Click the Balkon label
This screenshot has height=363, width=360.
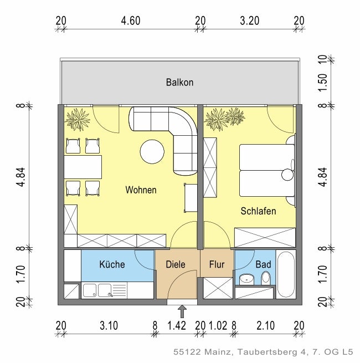point(179,83)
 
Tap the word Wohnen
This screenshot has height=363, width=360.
point(141,190)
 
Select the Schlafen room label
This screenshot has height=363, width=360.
point(258,211)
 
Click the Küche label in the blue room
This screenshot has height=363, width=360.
point(112,264)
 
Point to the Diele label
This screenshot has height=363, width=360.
point(176,264)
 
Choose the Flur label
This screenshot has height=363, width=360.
point(217,264)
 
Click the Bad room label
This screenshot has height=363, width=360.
point(263,264)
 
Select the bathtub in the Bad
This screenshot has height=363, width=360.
point(286,274)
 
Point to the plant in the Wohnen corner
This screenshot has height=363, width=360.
point(76,119)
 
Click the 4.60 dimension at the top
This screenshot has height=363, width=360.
point(131,21)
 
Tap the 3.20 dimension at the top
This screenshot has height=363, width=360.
point(250,21)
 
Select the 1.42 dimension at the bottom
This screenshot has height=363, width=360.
point(177,325)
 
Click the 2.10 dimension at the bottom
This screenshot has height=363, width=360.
point(266,325)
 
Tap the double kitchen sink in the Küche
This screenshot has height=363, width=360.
point(97,289)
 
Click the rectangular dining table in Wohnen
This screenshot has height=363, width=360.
point(83,166)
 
